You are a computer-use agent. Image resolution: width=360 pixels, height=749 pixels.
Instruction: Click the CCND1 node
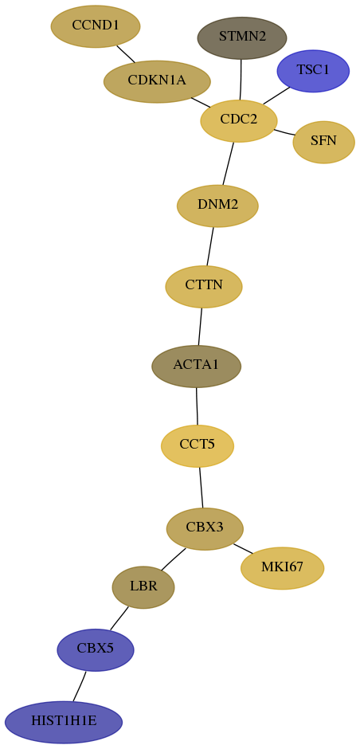click(x=96, y=26)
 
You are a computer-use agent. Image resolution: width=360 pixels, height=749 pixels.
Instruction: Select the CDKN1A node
click(x=157, y=81)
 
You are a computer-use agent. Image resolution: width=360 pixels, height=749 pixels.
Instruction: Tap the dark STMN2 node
click(x=242, y=37)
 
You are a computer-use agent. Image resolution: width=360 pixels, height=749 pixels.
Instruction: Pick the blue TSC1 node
click(x=313, y=71)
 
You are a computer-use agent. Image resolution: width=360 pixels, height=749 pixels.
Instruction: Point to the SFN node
click(x=323, y=142)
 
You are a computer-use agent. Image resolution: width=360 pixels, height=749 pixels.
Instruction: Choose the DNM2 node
click(x=217, y=206)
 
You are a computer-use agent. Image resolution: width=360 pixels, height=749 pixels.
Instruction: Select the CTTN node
click(x=204, y=287)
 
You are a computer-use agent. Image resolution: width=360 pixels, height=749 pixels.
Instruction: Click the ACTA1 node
click(x=196, y=367)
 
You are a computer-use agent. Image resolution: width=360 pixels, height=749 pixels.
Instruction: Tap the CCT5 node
click(x=198, y=445)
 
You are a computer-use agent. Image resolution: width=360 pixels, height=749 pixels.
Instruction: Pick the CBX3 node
click(x=205, y=529)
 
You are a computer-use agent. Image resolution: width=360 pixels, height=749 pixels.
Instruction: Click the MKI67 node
click(x=282, y=568)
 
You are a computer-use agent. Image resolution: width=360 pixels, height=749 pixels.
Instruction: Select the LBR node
click(x=143, y=587)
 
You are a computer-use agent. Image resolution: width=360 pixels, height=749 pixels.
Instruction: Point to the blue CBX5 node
click(x=96, y=649)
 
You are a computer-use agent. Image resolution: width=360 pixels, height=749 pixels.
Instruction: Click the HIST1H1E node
click(x=64, y=722)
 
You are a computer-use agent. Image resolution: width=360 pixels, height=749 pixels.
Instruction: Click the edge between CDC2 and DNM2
click(x=229, y=163)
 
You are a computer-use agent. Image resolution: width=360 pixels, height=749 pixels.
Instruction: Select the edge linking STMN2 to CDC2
click(x=241, y=80)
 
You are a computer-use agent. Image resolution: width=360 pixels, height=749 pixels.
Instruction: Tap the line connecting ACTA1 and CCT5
click(x=197, y=406)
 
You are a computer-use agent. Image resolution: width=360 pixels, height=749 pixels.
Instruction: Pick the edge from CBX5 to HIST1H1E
click(x=80, y=686)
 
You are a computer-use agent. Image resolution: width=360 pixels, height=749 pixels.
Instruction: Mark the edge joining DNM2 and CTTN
click(x=210, y=246)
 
